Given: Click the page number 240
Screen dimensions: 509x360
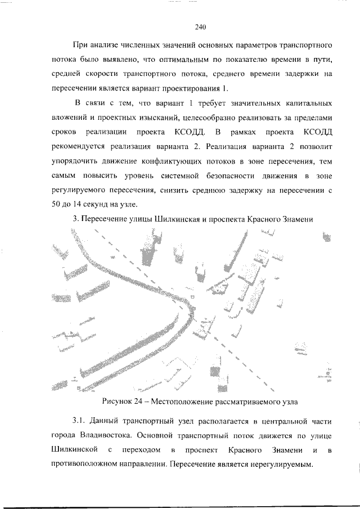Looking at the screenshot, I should coord(201,26).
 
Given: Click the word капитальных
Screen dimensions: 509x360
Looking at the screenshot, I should coord(307,104).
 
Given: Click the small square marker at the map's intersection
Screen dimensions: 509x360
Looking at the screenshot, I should coord(193,296).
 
